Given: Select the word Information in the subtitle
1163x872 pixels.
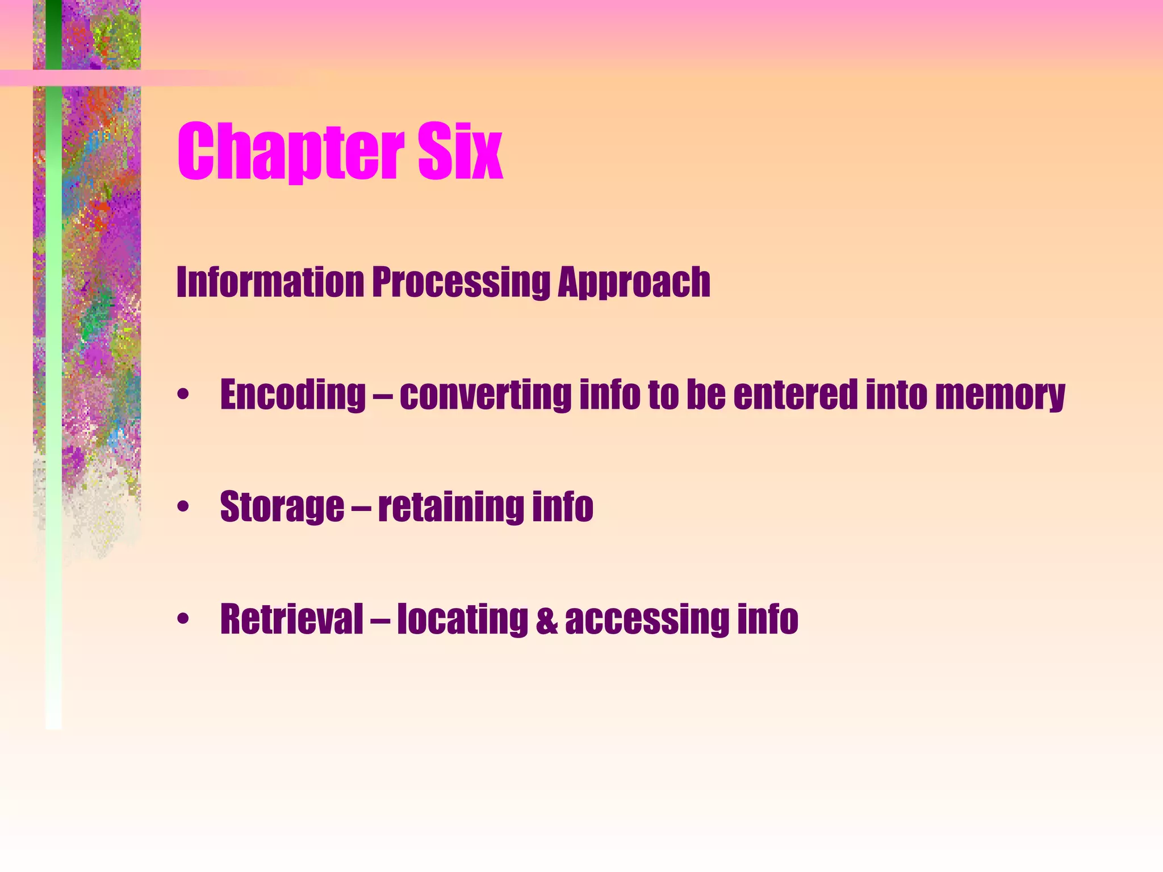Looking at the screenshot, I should (270, 282).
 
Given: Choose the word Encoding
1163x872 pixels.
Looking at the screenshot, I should (293, 395).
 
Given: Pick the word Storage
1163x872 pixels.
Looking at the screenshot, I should (282, 508).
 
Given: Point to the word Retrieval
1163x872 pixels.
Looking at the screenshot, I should (291, 619).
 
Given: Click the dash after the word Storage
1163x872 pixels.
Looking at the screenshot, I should (361, 508).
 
